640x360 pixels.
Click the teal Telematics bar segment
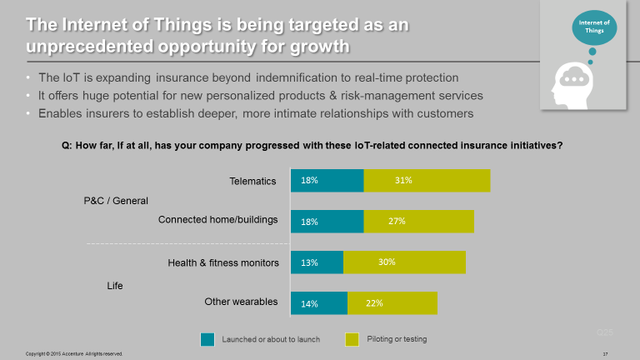click(x=327, y=180)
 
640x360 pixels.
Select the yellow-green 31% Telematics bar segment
click(x=427, y=180)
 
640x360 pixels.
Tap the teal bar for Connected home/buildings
click(x=327, y=221)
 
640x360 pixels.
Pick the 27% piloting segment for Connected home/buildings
click(x=418, y=221)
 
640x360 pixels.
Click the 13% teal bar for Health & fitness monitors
click(x=317, y=262)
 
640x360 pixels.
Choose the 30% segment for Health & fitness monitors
click(x=404, y=262)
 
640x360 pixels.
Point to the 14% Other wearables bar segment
click(x=318, y=302)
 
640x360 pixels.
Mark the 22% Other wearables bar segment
click(x=392, y=302)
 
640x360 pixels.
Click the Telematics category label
click(x=253, y=180)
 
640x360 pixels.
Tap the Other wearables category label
click(x=241, y=302)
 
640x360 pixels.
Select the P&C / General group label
click(x=116, y=200)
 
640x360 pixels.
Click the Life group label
click(x=115, y=286)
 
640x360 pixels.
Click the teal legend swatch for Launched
click(x=207, y=339)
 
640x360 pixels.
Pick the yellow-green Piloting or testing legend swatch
click(x=352, y=339)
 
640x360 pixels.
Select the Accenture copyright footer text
click(x=74, y=354)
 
